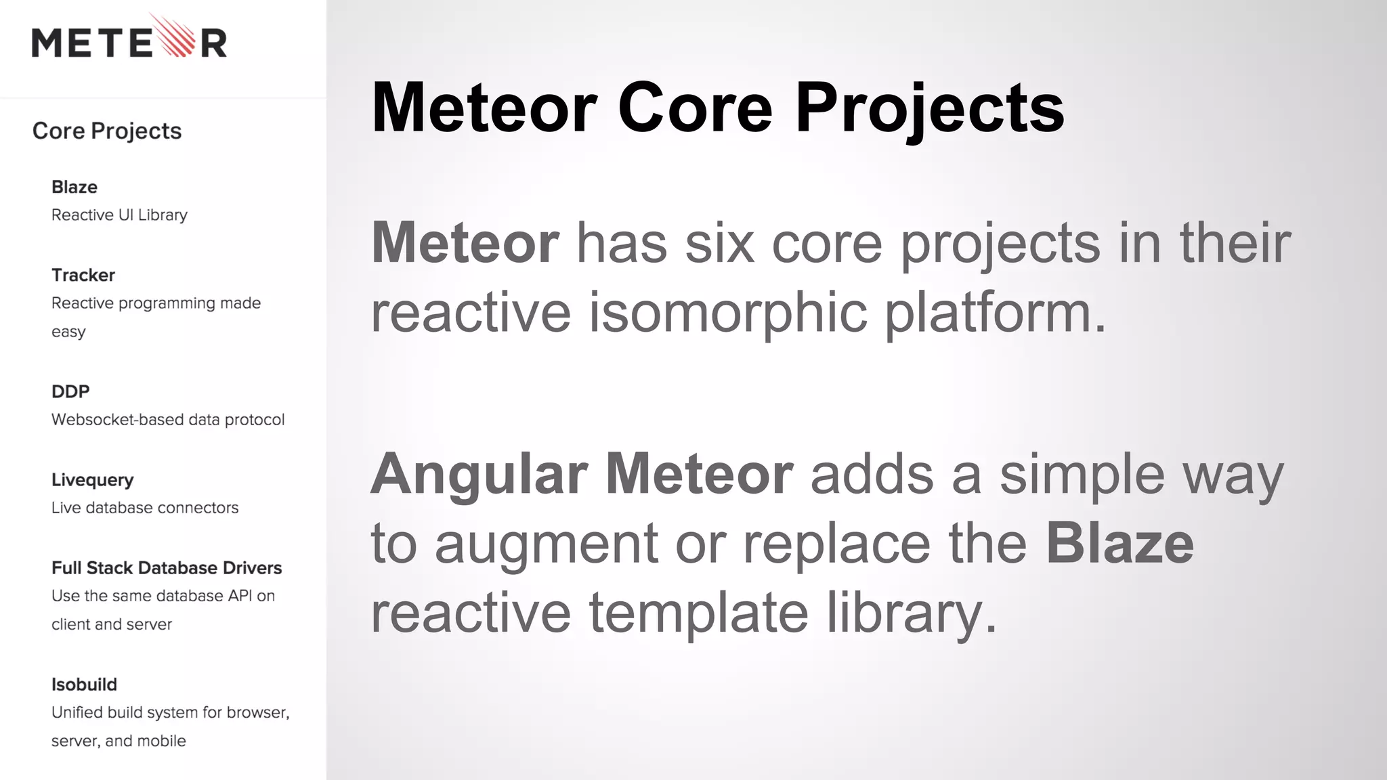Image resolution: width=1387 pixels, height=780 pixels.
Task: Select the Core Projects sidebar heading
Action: point(107,131)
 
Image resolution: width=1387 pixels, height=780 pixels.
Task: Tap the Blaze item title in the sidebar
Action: point(74,187)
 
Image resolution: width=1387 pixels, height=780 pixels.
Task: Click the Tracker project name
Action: point(83,275)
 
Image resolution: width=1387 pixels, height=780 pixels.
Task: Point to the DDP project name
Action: point(70,391)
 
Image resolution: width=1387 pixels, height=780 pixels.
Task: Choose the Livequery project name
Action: point(93,480)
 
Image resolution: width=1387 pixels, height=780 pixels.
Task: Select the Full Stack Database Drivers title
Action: point(167,567)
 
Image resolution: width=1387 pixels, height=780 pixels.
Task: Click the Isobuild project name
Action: point(84,685)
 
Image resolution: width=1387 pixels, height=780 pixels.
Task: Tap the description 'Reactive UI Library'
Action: point(119,215)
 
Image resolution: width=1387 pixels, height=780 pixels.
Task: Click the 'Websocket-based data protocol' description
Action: point(168,420)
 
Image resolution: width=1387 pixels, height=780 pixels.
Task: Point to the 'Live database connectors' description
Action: point(145,508)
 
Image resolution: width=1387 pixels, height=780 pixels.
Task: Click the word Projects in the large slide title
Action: point(929,108)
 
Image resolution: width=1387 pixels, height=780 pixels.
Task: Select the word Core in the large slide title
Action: point(695,108)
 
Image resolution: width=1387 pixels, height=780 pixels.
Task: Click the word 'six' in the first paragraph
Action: point(719,244)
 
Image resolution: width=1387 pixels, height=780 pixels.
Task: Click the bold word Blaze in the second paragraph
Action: point(1119,543)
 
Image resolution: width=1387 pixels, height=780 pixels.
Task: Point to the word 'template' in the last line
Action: point(698,613)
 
